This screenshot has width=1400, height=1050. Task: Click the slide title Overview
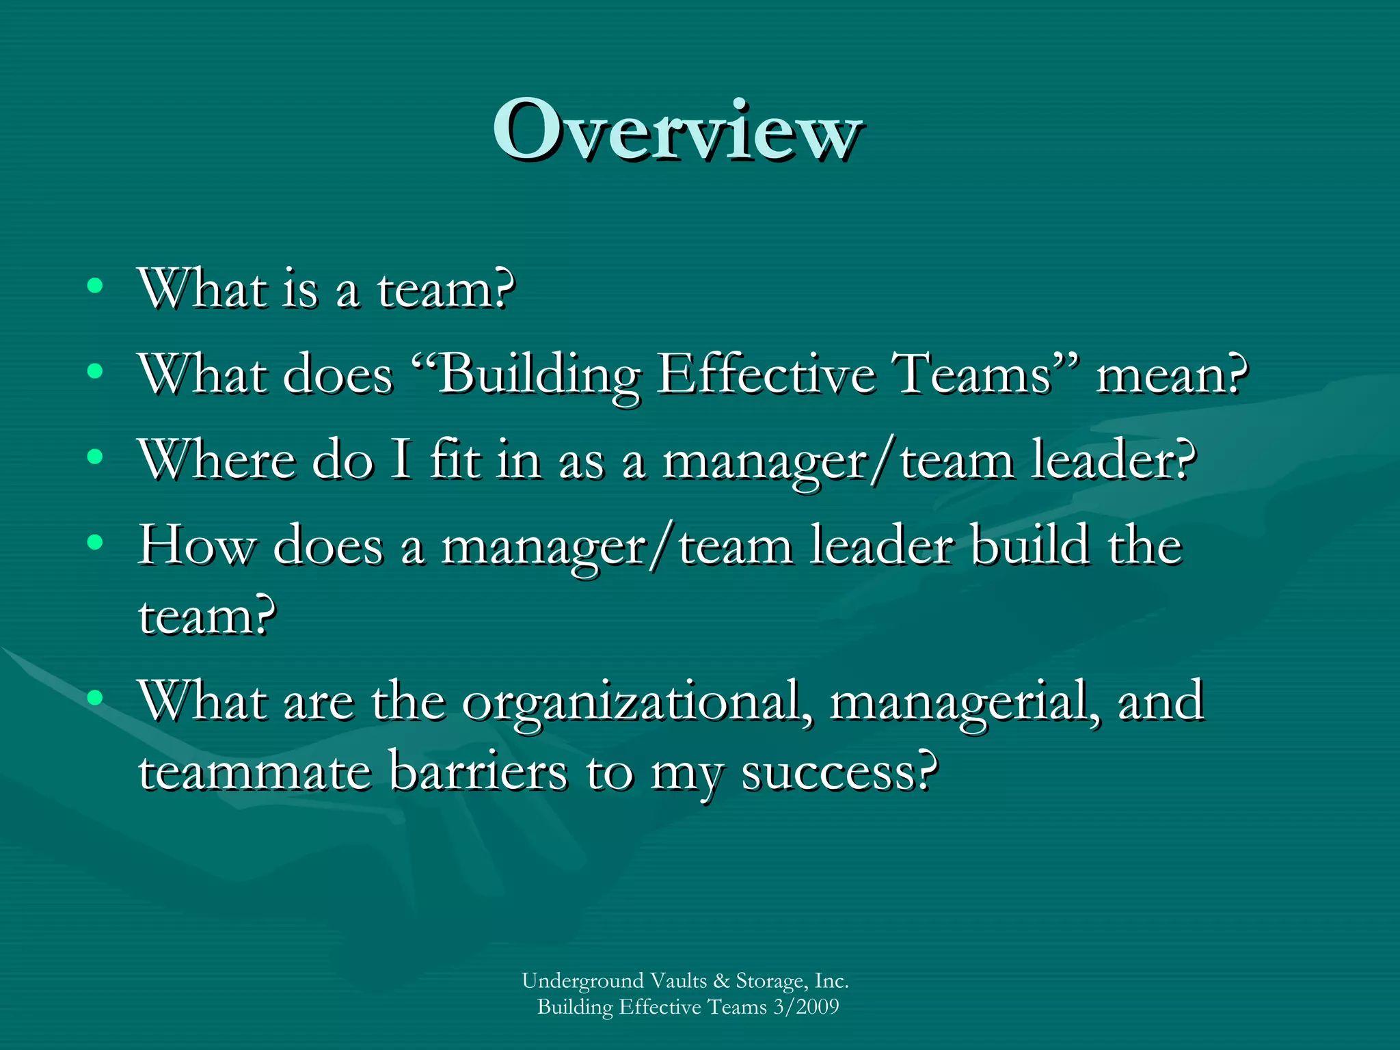[677, 130]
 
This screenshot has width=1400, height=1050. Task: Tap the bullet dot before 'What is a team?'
[95, 285]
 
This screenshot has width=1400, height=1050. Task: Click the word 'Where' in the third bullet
[217, 459]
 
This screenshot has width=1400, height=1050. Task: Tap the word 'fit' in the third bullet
[455, 459]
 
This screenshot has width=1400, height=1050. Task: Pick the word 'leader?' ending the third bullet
[1114, 459]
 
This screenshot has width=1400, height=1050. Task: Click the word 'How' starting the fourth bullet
[196, 546]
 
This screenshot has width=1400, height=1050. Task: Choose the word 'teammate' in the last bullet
[254, 772]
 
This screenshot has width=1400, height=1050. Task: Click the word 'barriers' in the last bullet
[479, 772]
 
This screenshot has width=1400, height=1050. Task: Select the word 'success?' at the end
[839, 773]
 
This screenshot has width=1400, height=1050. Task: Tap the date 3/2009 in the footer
[806, 1007]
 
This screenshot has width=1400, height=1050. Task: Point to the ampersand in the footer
[721, 981]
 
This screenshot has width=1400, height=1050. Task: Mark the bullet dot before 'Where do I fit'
[95, 457]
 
